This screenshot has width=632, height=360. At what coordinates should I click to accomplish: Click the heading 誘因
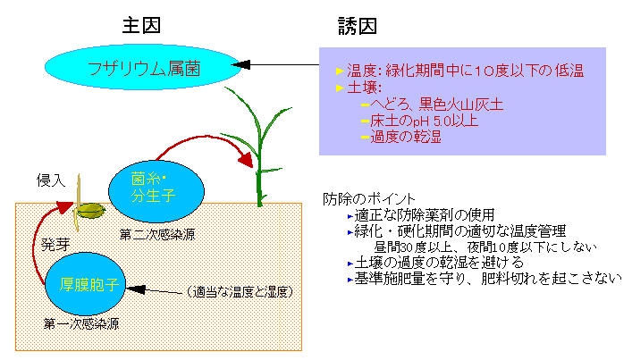tap(358, 26)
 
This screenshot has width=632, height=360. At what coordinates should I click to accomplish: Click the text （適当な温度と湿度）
tap(240, 292)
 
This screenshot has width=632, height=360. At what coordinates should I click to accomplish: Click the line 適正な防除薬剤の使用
tap(424, 215)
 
